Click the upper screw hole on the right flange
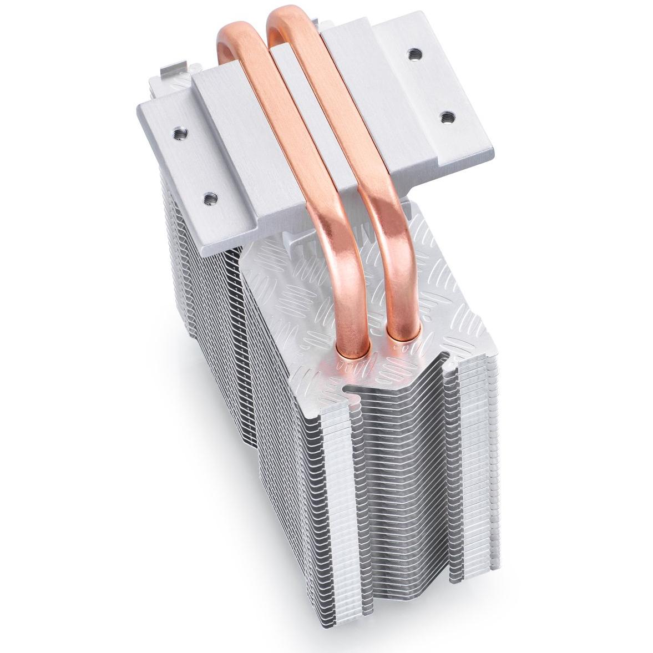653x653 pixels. [413, 54]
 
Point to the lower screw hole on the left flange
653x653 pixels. [209, 196]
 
